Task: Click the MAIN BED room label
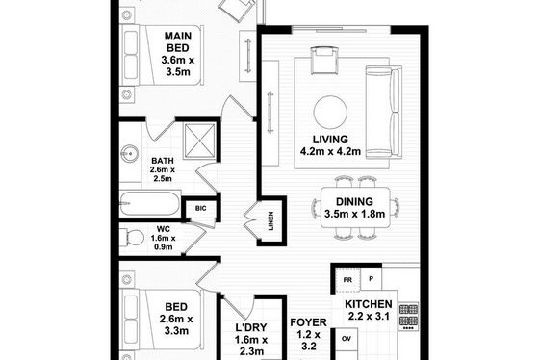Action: coord(178,42)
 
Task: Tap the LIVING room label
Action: coord(330,140)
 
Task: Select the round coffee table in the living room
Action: coord(330,112)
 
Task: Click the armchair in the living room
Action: coord(324,61)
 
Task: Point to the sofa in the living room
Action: coord(384,112)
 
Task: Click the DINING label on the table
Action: coord(354,201)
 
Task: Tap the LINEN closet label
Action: coord(270,220)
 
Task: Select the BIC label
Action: coord(201,208)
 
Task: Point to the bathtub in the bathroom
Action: coord(149,203)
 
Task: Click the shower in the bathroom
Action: coord(200,141)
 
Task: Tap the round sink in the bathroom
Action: coord(130,153)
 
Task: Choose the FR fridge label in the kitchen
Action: coord(347,280)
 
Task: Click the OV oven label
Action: coord(346,339)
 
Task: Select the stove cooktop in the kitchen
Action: coord(409,316)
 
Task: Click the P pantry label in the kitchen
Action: coord(371,279)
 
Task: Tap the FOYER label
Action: coord(308,322)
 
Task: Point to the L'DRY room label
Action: coord(251,327)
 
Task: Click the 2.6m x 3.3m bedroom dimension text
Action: coord(176,325)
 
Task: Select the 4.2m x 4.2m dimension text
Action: coord(330,151)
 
